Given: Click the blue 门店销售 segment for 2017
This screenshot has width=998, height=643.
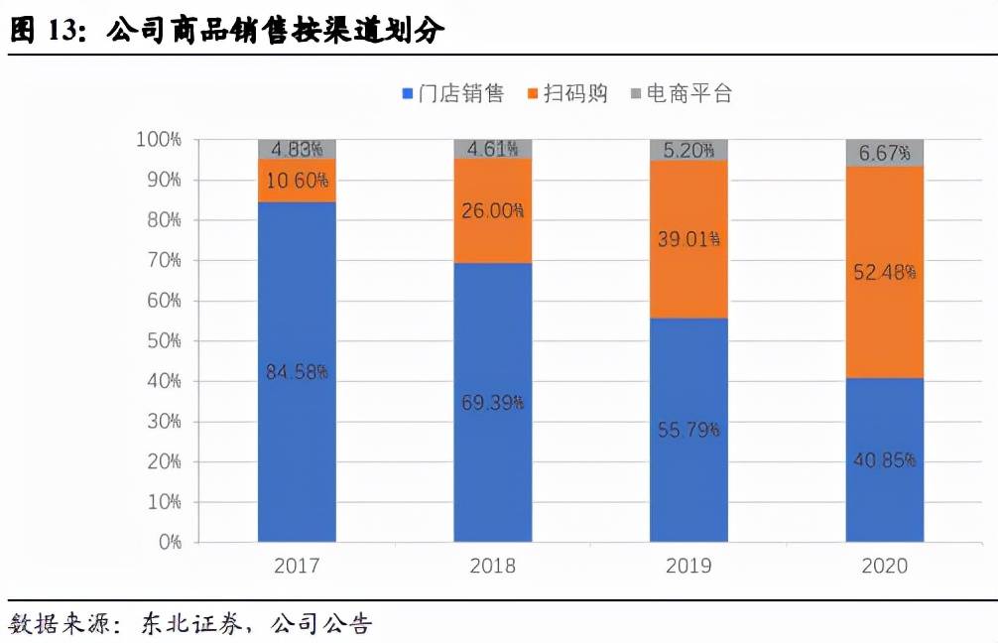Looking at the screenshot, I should (x=297, y=437).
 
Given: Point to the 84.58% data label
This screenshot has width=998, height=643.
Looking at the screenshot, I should (x=297, y=372).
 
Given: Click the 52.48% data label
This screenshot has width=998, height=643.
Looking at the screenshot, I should (x=885, y=272).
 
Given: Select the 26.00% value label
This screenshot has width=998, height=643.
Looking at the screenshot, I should (x=493, y=211).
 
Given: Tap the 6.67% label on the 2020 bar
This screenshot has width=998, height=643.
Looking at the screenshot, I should (x=885, y=153).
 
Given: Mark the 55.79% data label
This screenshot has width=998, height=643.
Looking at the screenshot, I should (x=688, y=430).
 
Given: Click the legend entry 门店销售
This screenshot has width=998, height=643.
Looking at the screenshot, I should (x=452, y=94).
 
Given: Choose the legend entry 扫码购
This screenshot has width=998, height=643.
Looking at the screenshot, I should (x=565, y=94).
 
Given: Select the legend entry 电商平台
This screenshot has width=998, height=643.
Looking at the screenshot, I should (x=680, y=94).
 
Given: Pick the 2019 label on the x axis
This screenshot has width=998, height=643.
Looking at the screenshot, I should (x=688, y=567).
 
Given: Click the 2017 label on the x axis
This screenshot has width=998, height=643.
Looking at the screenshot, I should (x=297, y=567).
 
